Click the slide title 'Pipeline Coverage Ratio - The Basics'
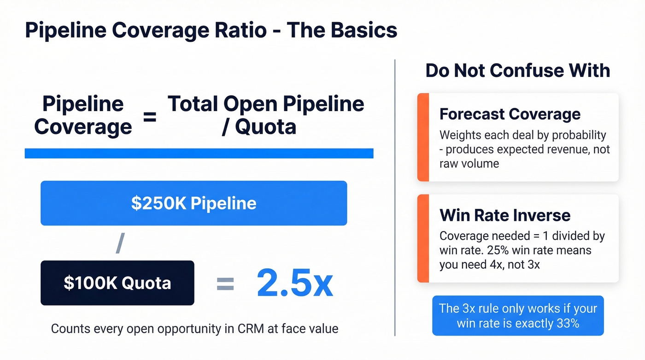211,30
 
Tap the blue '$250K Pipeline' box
193,203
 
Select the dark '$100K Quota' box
117,283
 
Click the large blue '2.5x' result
294,283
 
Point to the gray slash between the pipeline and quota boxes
120,243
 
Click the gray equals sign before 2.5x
225,283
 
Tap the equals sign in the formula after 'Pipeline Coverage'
149,117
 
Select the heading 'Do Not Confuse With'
517,71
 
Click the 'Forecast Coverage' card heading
510,114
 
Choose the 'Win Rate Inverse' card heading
505,215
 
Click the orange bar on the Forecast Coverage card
423,137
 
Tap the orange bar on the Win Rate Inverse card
423,238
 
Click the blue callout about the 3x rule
517,315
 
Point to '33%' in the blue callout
567,323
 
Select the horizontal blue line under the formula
199,153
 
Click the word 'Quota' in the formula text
265,126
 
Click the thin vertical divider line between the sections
395,198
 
